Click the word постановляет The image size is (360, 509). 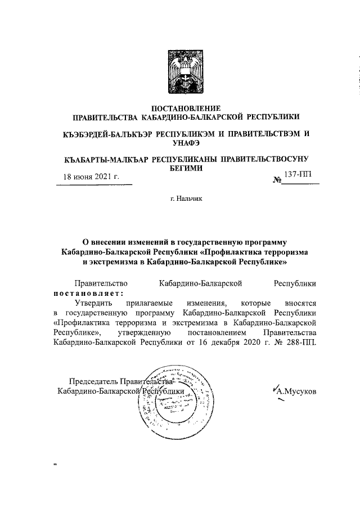click(87, 292)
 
